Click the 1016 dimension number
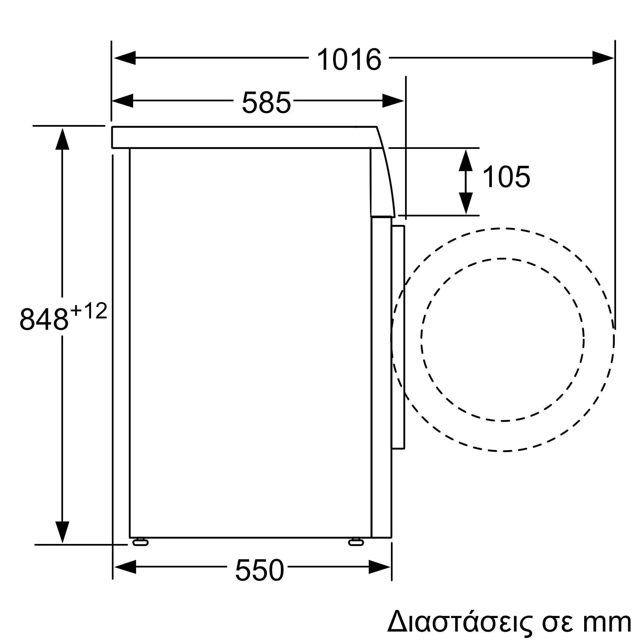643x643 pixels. [x=349, y=59]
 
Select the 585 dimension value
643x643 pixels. [x=267, y=102]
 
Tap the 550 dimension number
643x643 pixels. [x=259, y=570]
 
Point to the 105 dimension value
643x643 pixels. [x=506, y=177]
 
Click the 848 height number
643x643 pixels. [x=44, y=319]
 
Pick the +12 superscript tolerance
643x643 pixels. [x=89, y=311]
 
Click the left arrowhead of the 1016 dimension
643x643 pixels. [x=125, y=58]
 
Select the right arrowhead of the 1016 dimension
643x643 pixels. [x=603, y=58]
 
